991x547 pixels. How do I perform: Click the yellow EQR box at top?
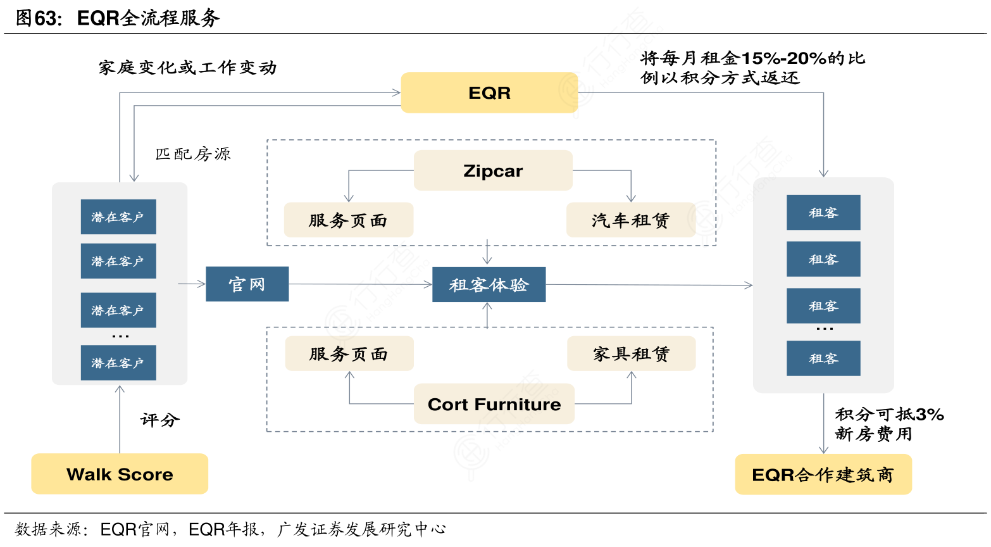click(x=489, y=93)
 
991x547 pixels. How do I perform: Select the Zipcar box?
click(x=493, y=171)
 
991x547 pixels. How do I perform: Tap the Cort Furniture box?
click(x=494, y=404)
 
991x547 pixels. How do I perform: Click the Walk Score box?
click(x=120, y=474)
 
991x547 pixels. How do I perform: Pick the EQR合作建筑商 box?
click(x=823, y=475)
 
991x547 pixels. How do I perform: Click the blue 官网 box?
click(x=247, y=284)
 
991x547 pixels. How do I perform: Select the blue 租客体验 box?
click(x=489, y=285)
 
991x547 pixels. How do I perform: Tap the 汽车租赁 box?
click(x=630, y=220)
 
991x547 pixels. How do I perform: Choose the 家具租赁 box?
click(x=631, y=354)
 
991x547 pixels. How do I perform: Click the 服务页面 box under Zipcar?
click(x=348, y=220)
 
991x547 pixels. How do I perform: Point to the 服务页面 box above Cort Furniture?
click(x=349, y=354)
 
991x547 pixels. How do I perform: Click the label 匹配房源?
click(x=193, y=154)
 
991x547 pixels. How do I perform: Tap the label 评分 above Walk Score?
click(x=160, y=420)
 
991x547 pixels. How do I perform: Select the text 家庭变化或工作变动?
click(x=187, y=68)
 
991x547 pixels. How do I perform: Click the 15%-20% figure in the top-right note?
click(x=784, y=59)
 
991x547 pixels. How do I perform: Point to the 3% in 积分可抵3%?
click(x=930, y=415)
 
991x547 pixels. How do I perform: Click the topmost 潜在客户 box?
click(x=118, y=217)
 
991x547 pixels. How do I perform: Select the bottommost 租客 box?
click(x=823, y=358)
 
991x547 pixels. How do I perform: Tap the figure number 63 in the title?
click(x=46, y=18)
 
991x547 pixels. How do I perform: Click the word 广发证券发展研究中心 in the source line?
click(x=361, y=529)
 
